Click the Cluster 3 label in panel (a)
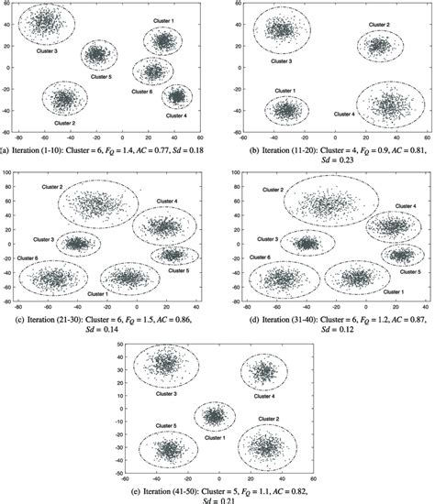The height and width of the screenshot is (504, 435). [48, 51]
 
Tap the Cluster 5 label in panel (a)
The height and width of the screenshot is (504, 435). [103, 76]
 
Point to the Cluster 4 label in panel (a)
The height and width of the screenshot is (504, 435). [177, 115]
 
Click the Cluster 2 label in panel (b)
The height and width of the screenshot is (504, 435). [379, 25]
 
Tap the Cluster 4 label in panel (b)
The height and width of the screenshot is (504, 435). [344, 114]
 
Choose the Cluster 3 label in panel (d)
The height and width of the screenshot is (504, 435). [269, 239]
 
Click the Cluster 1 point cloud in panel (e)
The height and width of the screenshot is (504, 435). [214, 417]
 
